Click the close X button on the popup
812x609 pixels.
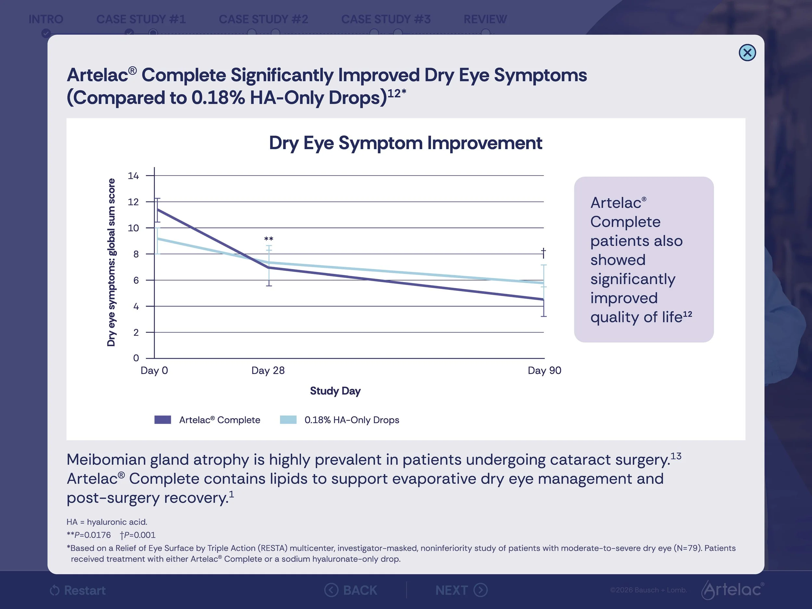coord(747,53)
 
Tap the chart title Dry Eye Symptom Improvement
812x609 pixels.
coord(405,143)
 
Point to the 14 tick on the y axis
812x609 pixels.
coord(133,175)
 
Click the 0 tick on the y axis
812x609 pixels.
coord(136,358)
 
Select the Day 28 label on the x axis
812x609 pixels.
coord(268,370)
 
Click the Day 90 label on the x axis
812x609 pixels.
coord(544,370)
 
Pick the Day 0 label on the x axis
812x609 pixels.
coord(154,370)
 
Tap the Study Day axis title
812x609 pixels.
coord(335,391)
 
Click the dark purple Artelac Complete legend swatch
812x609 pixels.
coord(163,420)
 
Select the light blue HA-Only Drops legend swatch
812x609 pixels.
coord(288,420)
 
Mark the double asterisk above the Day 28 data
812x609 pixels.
coord(269,239)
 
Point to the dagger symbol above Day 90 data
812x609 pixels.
coord(543,253)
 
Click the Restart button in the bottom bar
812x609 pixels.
coord(78,590)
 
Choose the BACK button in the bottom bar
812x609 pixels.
coord(350,590)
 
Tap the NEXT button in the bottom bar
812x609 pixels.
coord(462,590)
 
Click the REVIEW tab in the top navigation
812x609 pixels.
coord(485,19)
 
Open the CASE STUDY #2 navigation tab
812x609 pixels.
coord(263,19)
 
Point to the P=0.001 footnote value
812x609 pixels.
coord(138,535)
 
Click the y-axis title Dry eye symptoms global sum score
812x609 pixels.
coord(111,262)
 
